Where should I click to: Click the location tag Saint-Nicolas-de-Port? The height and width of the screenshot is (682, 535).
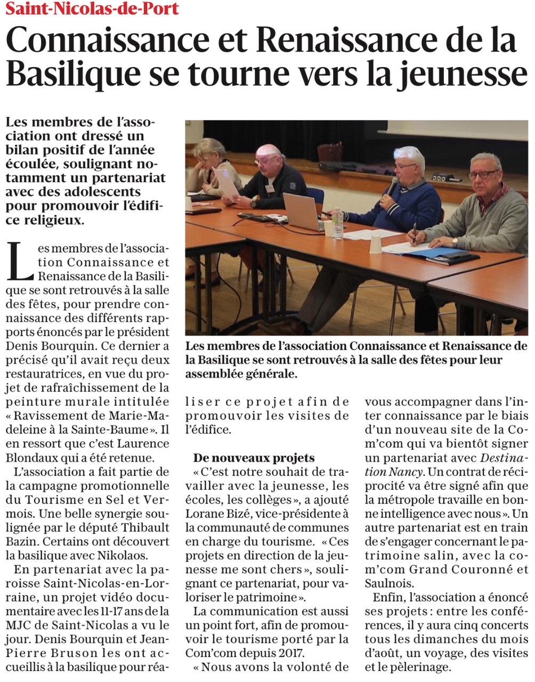click(92, 9)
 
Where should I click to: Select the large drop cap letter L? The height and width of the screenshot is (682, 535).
click(20, 262)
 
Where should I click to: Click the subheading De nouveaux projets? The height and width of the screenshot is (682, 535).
click(254, 458)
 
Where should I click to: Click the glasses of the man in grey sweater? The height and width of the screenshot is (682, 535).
click(483, 174)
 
